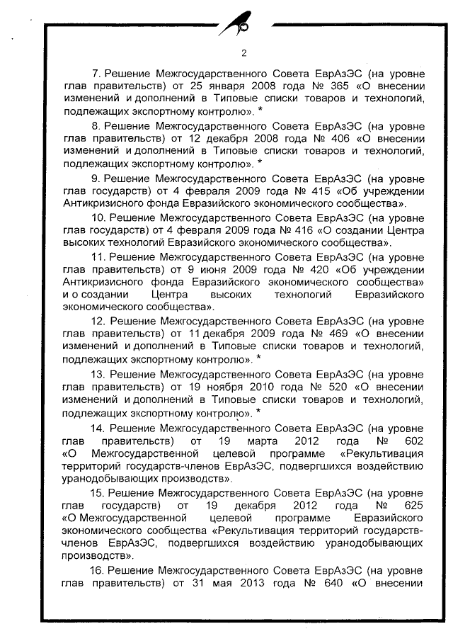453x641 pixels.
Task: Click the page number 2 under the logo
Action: pyautogui.click(x=243, y=53)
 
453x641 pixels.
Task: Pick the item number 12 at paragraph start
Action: pyautogui.click(x=99, y=320)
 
